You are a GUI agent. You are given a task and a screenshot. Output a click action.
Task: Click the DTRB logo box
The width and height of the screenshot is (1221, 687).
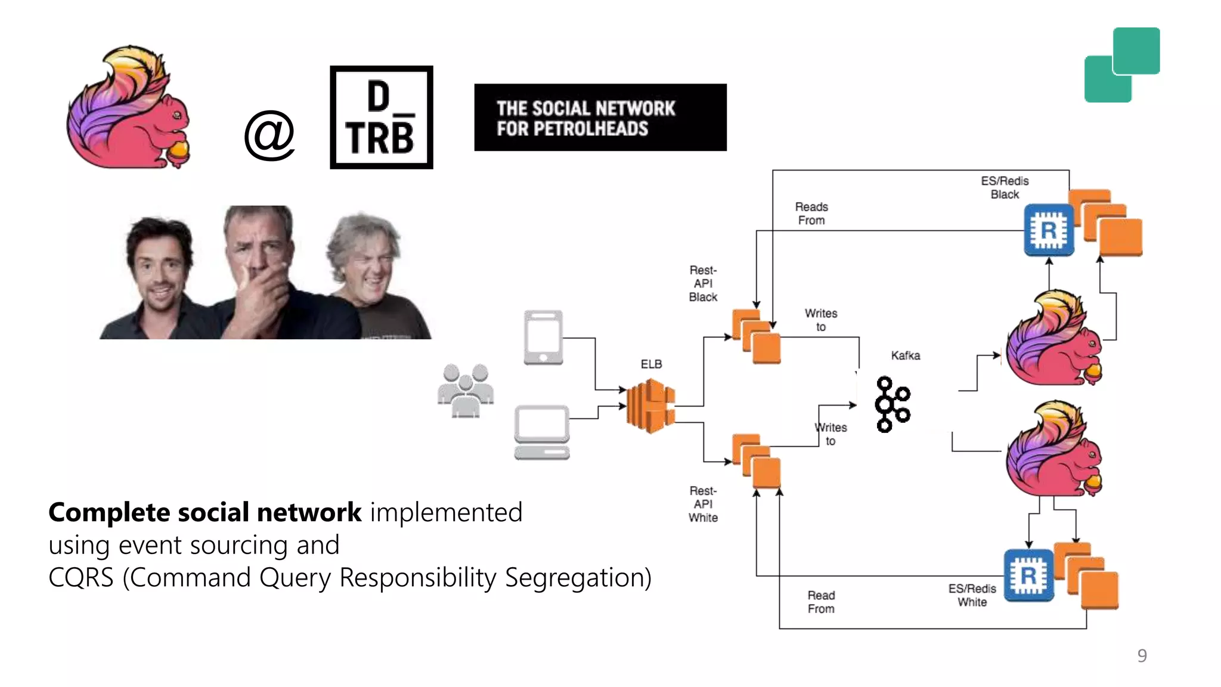pyautogui.click(x=382, y=117)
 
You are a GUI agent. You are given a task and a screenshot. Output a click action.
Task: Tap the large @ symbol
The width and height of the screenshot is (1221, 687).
pyautogui.click(x=269, y=135)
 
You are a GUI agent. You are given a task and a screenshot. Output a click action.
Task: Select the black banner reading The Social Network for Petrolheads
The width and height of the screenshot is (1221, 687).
pyautogui.click(x=600, y=117)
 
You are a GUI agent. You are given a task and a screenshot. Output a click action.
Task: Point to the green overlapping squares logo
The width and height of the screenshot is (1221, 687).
pyautogui.click(x=1121, y=65)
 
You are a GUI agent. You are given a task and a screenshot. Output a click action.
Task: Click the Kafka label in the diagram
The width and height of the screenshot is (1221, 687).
pyautogui.click(x=905, y=355)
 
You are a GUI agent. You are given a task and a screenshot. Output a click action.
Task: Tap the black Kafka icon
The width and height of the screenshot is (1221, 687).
pyautogui.click(x=892, y=404)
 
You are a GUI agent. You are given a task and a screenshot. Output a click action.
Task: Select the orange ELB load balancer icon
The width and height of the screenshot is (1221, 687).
pyautogui.click(x=650, y=406)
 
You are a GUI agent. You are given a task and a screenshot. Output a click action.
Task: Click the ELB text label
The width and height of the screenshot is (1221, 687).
pyautogui.click(x=651, y=364)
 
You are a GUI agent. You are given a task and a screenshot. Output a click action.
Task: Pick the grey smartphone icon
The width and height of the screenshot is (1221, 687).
pyautogui.click(x=543, y=337)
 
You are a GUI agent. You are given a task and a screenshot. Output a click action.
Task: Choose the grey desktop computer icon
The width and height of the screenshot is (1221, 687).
pyautogui.click(x=542, y=432)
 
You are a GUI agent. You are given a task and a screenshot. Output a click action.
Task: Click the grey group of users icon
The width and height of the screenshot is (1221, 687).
pyautogui.click(x=466, y=391)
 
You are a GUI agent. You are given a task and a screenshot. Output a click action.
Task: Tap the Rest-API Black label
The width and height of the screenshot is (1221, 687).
pyautogui.click(x=703, y=283)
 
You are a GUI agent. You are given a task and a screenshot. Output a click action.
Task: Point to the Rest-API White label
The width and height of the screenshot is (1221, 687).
pyautogui.click(x=703, y=504)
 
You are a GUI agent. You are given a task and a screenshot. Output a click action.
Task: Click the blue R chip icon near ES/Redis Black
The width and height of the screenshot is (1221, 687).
pyautogui.click(x=1049, y=230)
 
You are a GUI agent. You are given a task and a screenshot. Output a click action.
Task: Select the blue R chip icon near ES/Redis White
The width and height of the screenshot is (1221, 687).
pyautogui.click(x=1028, y=575)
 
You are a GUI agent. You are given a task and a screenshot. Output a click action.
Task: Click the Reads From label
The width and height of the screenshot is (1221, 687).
pyautogui.click(x=811, y=213)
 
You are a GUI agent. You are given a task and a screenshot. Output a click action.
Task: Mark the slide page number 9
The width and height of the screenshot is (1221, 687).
pyautogui.click(x=1142, y=655)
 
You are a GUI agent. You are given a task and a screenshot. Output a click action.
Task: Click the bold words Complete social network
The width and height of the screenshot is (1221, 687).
pyautogui.click(x=204, y=512)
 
